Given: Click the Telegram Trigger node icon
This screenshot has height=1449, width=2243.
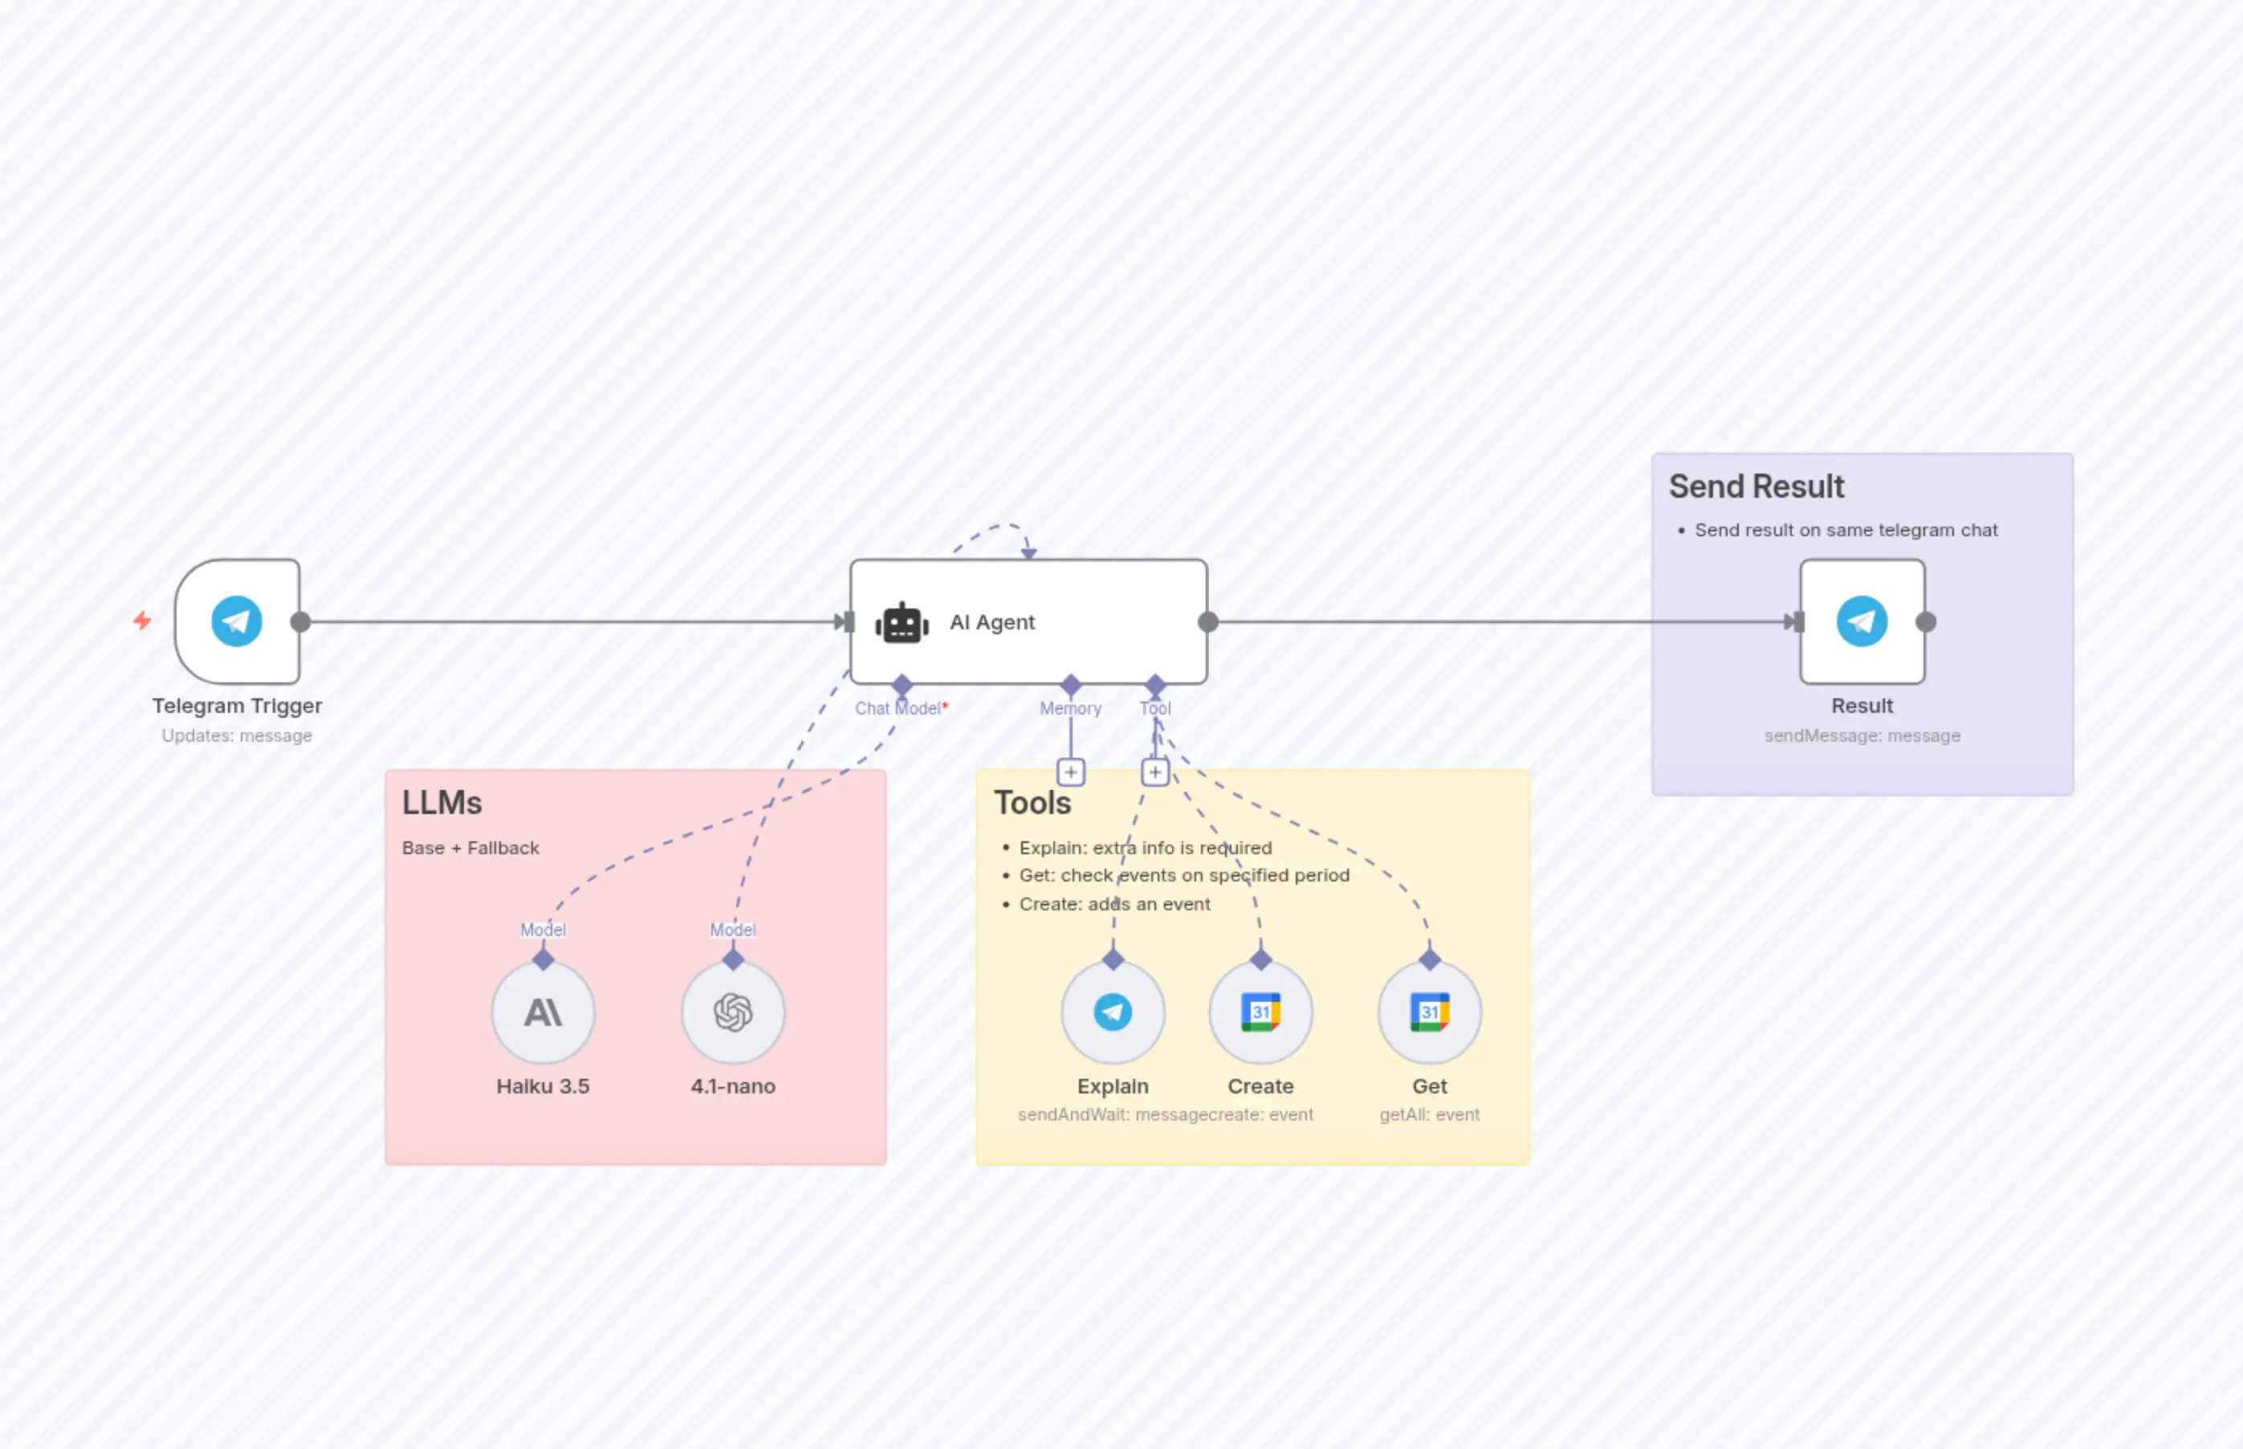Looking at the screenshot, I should tap(236, 621).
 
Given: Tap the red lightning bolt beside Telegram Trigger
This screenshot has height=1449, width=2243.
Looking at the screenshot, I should tap(142, 621).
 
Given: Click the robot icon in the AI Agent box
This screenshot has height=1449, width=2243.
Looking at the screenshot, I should tap(902, 623).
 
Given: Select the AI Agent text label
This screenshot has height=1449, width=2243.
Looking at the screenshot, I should tap(991, 622).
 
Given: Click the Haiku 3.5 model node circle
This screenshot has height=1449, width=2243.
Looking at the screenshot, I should tap(543, 1012).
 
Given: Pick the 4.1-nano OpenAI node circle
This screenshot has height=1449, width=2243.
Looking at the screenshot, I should tap(733, 1012).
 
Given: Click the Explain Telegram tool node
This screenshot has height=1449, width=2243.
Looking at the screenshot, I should tap(1113, 1012).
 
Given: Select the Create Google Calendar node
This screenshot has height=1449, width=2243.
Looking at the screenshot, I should tap(1260, 1012).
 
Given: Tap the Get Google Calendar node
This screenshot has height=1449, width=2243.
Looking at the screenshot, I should tap(1429, 1012).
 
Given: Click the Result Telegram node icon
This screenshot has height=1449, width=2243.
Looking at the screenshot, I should tap(1862, 621).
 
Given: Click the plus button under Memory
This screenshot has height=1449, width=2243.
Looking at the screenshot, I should tap(1071, 772).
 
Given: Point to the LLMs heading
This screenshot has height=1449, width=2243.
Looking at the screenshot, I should tap(442, 803).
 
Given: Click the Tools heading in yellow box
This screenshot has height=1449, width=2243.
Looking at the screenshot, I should tap(1032, 803).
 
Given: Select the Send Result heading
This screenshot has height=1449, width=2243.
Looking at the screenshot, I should tap(1756, 486).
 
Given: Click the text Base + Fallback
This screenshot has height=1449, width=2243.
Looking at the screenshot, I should tap(470, 848).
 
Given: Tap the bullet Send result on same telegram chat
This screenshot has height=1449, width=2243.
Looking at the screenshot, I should tap(1845, 530).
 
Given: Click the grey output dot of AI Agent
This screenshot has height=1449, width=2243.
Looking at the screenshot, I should tap(1208, 622).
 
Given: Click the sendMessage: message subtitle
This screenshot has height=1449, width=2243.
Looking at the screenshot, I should tap(1862, 736).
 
